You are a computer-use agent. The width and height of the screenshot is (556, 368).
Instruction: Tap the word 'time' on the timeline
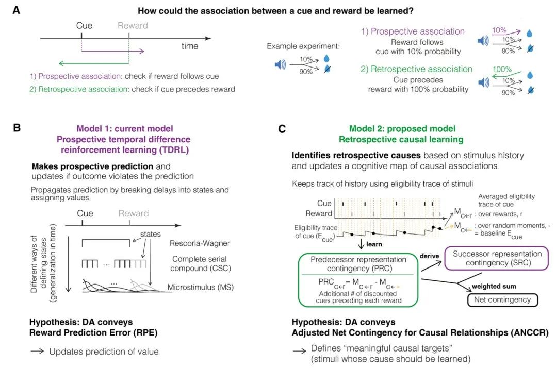190,46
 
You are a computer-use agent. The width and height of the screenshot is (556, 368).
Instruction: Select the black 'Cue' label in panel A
84,25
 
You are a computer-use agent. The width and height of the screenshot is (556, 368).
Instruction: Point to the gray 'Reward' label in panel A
133,25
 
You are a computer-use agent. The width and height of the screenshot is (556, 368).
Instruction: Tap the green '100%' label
502,69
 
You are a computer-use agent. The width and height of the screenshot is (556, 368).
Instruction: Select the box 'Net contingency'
502,299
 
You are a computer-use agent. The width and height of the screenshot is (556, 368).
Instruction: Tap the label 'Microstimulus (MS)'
201,287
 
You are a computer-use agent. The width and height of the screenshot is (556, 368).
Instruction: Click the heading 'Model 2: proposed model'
395,128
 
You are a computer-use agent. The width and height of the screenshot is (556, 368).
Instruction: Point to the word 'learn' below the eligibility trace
374,244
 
